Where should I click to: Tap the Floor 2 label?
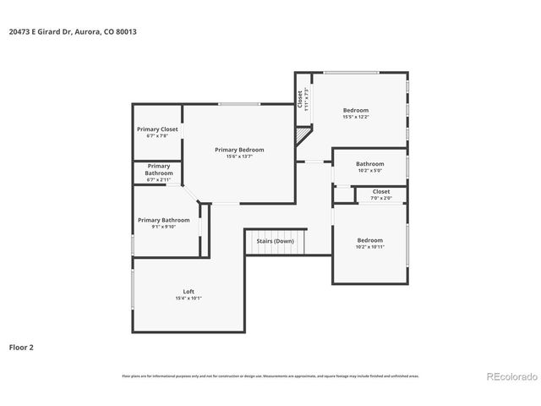click(x=21, y=347)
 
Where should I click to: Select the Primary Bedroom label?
click(x=239, y=149)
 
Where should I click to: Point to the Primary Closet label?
click(x=157, y=129)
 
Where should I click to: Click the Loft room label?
click(x=189, y=291)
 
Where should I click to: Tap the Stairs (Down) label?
click(x=275, y=241)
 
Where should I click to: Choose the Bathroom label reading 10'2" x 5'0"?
click(x=369, y=163)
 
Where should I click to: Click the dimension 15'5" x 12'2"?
click(x=355, y=117)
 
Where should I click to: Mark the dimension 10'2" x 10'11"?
click(x=369, y=246)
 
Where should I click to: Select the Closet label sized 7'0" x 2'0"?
click(x=381, y=192)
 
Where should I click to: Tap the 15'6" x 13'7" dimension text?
click(x=239, y=156)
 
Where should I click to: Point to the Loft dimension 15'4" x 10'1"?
click(x=189, y=298)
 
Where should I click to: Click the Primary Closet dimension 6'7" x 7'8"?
click(x=157, y=135)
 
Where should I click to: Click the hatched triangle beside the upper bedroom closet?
click(x=303, y=135)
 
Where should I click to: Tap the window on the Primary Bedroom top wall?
click(x=240, y=104)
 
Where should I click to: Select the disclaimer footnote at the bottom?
click(x=270, y=376)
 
